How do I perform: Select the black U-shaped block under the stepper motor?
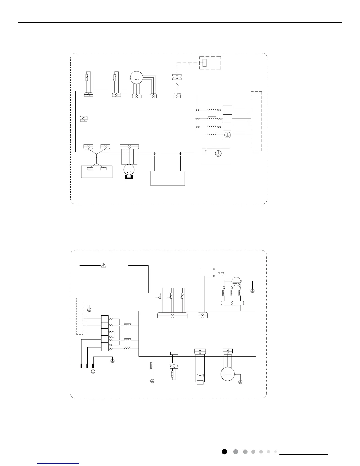tap(129, 177)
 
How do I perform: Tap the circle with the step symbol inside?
tap(129, 169)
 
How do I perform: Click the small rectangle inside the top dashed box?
tap(205, 62)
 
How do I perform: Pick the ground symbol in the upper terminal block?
tap(227, 135)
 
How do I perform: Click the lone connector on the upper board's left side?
tap(84, 119)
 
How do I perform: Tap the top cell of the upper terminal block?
tap(227, 110)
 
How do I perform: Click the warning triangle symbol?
tap(104, 265)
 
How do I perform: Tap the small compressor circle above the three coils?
tap(236, 282)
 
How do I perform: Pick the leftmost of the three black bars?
tap(81, 366)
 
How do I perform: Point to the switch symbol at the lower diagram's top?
tap(220, 273)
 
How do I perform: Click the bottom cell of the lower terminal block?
tap(105, 347)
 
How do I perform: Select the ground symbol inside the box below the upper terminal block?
tap(218, 153)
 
